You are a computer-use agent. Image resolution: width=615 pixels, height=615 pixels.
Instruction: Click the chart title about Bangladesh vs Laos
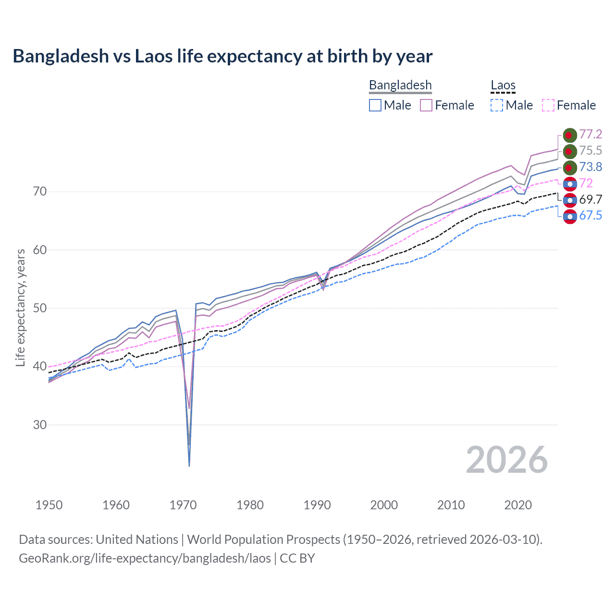[x=222, y=56]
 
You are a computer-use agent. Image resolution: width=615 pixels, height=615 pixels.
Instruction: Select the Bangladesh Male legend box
[x=375, y=105]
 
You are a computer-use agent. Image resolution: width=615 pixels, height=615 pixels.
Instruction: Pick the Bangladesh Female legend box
[x=426, y=105]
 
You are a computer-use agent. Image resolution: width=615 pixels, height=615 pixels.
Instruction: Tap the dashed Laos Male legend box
[x=497, y=105]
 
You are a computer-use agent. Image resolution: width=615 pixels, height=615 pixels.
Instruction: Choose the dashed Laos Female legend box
[x=548, y=105]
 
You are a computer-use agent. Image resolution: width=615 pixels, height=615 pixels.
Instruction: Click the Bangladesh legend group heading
[x=400, y=86]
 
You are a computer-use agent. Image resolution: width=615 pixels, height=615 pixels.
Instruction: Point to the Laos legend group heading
[x=503, y=86]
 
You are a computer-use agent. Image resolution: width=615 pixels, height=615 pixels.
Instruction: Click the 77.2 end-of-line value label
[x=590, y=134]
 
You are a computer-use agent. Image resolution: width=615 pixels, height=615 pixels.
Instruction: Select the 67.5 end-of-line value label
[x=590, y=216]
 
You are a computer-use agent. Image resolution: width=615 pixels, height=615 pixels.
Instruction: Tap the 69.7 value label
[x=590, y=199]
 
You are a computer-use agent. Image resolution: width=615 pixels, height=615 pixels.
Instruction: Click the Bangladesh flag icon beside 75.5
[x=570, y=151]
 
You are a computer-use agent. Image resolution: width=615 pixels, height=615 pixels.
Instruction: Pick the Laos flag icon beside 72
[x=570, y=184]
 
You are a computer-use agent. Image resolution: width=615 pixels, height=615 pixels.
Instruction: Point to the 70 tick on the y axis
[x=40, y=192]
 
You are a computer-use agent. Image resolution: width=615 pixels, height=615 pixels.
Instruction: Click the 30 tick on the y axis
[x=40, y=425]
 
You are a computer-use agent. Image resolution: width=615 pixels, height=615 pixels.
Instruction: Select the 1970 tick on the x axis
[x=183, y=505]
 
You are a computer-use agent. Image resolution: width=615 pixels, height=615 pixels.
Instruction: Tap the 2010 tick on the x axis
[x=451, y=505]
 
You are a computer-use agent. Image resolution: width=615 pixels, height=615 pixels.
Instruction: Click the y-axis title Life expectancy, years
[x=21, y=307]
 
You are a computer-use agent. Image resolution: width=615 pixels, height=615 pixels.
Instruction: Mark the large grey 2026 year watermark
[x=507, y=460]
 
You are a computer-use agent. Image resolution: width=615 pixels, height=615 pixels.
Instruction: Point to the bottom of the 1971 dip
[x=189, y=465]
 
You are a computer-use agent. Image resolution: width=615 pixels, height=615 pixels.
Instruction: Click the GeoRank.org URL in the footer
[x=145, y=558]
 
